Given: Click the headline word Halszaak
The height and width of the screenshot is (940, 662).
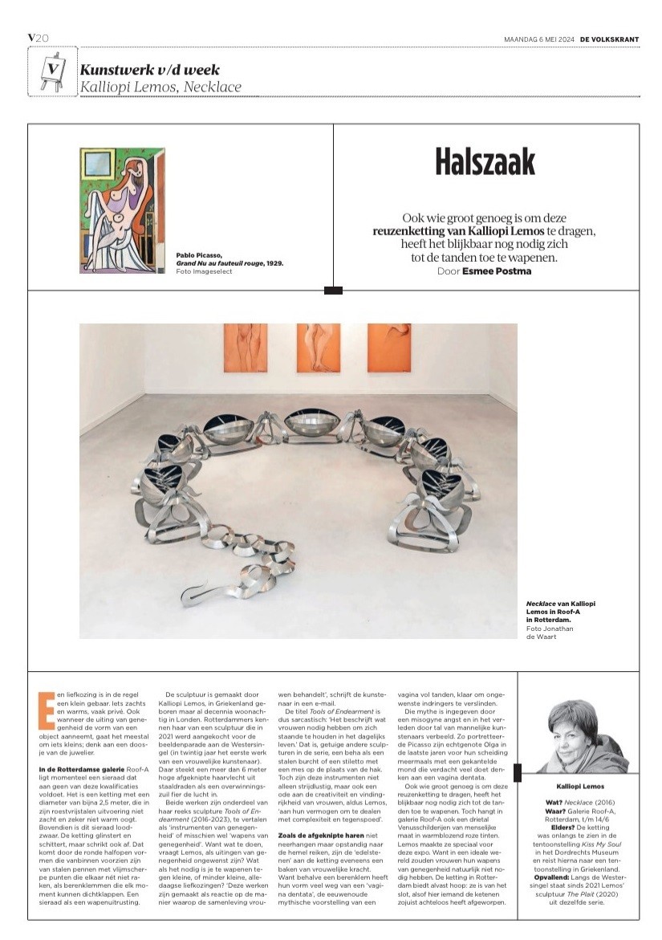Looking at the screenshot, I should tap(485, 162).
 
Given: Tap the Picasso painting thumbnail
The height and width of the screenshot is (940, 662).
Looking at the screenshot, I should tap(122, 210).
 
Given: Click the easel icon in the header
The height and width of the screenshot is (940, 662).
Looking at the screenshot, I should tap(52, 70).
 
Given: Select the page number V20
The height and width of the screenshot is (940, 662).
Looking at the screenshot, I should tap(39, 38).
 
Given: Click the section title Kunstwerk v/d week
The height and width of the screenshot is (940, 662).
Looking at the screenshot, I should tap(149, 70).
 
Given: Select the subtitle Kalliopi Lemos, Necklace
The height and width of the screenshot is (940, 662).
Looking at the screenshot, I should tap(160, 87).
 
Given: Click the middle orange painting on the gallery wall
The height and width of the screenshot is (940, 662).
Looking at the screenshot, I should tap(318, 347).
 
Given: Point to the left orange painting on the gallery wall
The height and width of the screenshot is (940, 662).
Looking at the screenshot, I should tap(245, 347).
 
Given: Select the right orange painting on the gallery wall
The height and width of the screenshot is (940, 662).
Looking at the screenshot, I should tap(389, 347).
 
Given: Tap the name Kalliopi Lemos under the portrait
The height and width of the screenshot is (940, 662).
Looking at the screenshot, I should tap(580, 787).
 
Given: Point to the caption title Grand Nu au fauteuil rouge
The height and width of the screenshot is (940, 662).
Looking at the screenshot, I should tap(225, 262).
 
